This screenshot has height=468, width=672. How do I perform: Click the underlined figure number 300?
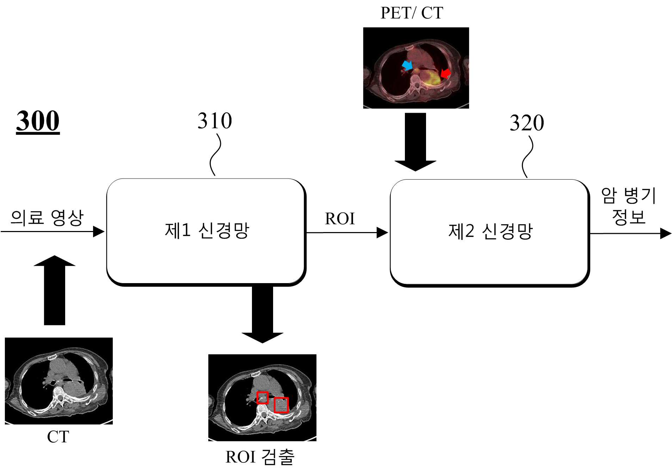point(38,121)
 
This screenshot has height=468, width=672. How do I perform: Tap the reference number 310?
point(215,121)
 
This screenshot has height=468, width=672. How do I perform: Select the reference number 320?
point(527,123)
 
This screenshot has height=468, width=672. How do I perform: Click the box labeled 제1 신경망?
point(206,232)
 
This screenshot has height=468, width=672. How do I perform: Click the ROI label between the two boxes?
point(340,219)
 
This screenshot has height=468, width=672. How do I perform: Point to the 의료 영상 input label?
point(47,218)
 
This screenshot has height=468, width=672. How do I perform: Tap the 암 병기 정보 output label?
point(628,206)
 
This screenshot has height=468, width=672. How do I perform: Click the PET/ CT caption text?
point(412,13)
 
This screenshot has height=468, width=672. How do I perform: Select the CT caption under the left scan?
point(58,437)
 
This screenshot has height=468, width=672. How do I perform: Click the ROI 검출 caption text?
point(260,457)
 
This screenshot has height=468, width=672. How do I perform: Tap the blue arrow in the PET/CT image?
point(407,65)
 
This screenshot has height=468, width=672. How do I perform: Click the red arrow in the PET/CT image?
point(446,73)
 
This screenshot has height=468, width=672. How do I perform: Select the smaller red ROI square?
point(262,398)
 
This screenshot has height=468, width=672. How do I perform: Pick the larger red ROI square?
point(281,405)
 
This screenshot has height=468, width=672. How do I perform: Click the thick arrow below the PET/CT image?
point(415,142)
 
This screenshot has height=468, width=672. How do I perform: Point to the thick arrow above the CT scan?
point(55,290)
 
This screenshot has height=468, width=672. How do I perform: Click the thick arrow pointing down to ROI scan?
point(263,314)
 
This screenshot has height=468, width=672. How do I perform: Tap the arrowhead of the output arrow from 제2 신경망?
point(665,233)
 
